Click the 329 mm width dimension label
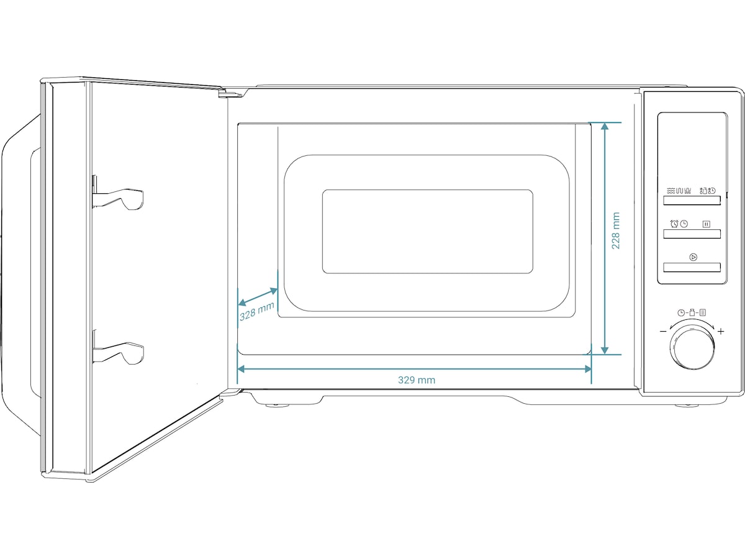[x=417, y=379]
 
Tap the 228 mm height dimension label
[x=616, y=231]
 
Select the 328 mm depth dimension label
[x=256, y=312]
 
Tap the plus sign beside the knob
[x=721, y=331]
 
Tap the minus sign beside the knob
[x=663, y=331]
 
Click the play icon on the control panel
[x=693, y=257]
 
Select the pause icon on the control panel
[x=707, y=224]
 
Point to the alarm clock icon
[x=674, y=224]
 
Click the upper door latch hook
[x=119, y=198]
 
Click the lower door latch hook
[x=119, y=353]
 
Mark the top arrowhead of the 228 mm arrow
[x=605, y=126]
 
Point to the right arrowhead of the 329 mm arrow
[x=587, y=369]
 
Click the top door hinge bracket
[x=230, y=93]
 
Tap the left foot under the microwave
[x=277, y=405]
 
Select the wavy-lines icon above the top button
[x=670, y=191]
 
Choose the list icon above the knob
[x=703, y=312]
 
